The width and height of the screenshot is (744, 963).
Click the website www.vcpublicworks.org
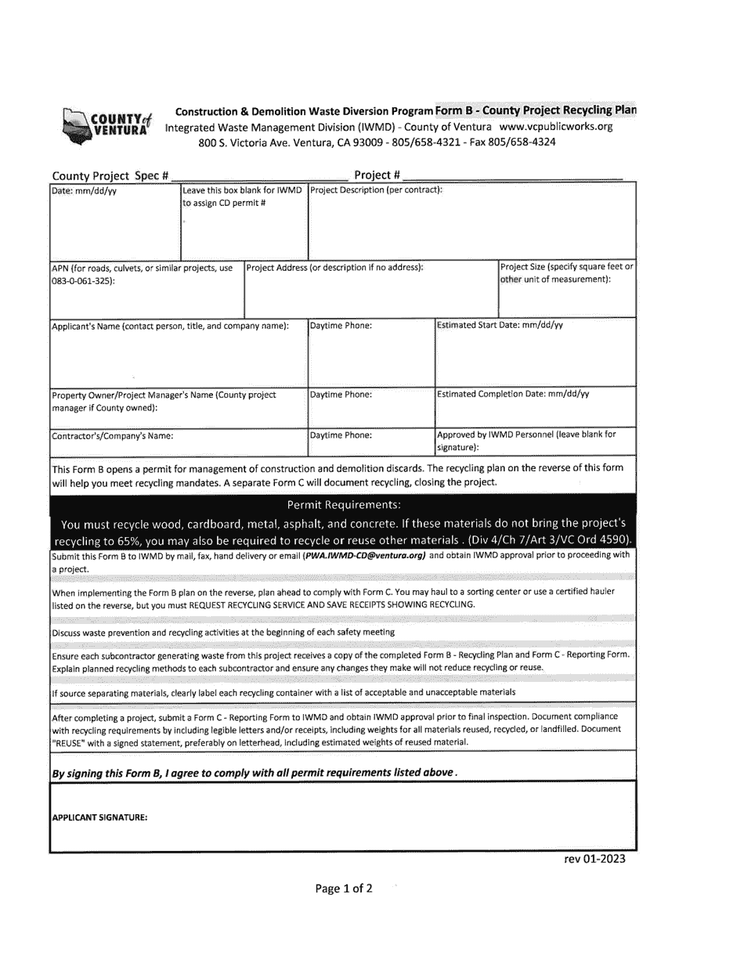point(555,126)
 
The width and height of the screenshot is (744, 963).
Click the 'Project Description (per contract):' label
point(377,189)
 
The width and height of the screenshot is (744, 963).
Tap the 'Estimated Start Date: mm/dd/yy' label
point(500,325)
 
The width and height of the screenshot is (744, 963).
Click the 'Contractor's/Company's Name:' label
point(112,436)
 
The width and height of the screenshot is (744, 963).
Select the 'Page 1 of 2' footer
point(344,888)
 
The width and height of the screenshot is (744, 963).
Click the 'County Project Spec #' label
point(110,175)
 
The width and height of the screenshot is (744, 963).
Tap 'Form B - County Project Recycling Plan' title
point(536,110)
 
